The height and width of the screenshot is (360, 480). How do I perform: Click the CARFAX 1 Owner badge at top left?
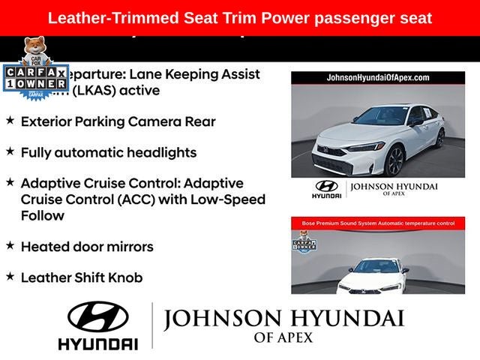click(35, 78)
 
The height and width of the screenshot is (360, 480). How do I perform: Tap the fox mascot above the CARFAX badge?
click(34, 50)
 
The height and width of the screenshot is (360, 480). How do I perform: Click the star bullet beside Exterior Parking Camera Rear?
click(10, 120)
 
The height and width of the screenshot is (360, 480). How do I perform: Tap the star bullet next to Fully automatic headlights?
click(10, 151)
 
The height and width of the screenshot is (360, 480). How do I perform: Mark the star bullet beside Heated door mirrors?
click(10, 245)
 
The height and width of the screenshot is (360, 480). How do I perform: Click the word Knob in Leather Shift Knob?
click(124, 277)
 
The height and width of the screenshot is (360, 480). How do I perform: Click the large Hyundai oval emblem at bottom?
click(97, 318)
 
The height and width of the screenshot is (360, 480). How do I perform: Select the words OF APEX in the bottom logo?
click(284, 338)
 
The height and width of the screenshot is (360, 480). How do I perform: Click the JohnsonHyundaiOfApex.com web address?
click(377, 78)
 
